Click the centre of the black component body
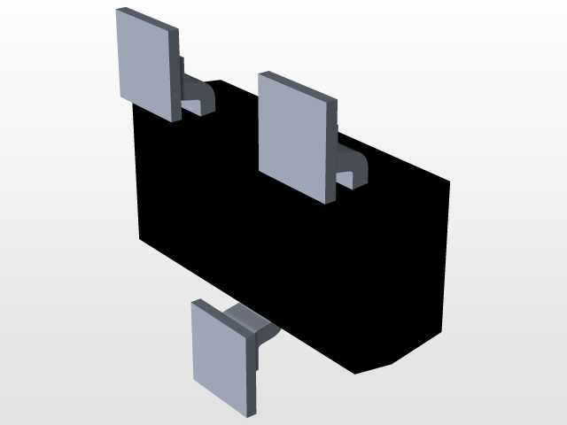pyautogui.click(x=292, y=239)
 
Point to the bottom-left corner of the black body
pyautogui.click(x=142, y=239)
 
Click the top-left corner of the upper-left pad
pyautogui.click(x=118, y=11)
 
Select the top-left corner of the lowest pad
pyautogui.click(x=194, y=301)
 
